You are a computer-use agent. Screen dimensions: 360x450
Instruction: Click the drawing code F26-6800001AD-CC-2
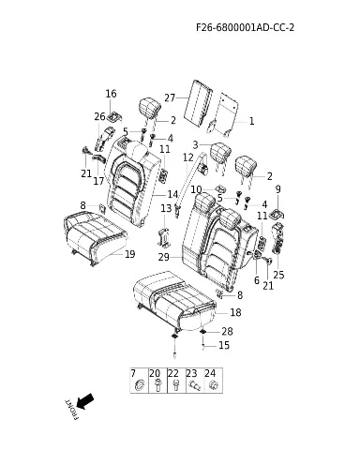tap(246, 27)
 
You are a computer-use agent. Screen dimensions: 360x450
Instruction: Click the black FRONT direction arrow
tap(84, 401)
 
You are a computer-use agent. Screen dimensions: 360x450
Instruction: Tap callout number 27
tap(170, 97)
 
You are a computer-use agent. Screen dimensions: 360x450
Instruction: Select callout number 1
tap(251, 121)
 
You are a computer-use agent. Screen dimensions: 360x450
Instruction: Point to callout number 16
tap(111, 94)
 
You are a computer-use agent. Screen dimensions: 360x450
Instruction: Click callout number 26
tap(100, 116)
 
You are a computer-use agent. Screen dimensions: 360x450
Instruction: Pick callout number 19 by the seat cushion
tap(130, 254)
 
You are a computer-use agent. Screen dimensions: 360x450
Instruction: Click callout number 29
tap(164, 257)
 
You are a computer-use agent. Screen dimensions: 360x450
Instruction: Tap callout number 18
tap(235, 312)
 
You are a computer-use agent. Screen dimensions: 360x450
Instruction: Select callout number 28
tap(227, 331)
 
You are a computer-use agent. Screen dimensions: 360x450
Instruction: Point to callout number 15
tap(224, 345)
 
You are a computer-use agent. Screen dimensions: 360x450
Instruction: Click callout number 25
tap(278, 275)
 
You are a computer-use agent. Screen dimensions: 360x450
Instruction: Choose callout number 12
tap(188, 157)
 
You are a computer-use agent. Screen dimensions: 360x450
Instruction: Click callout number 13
tap(166, 208)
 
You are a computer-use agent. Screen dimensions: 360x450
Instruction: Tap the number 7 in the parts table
tap(133, 373)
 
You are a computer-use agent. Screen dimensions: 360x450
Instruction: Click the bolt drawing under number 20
tap(158, 385)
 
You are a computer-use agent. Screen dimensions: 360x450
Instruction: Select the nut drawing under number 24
tap(213, 385)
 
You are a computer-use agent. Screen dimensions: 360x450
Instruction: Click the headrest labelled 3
tap(220, 152)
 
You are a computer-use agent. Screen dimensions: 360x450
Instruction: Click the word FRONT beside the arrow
tap(71, 410)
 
